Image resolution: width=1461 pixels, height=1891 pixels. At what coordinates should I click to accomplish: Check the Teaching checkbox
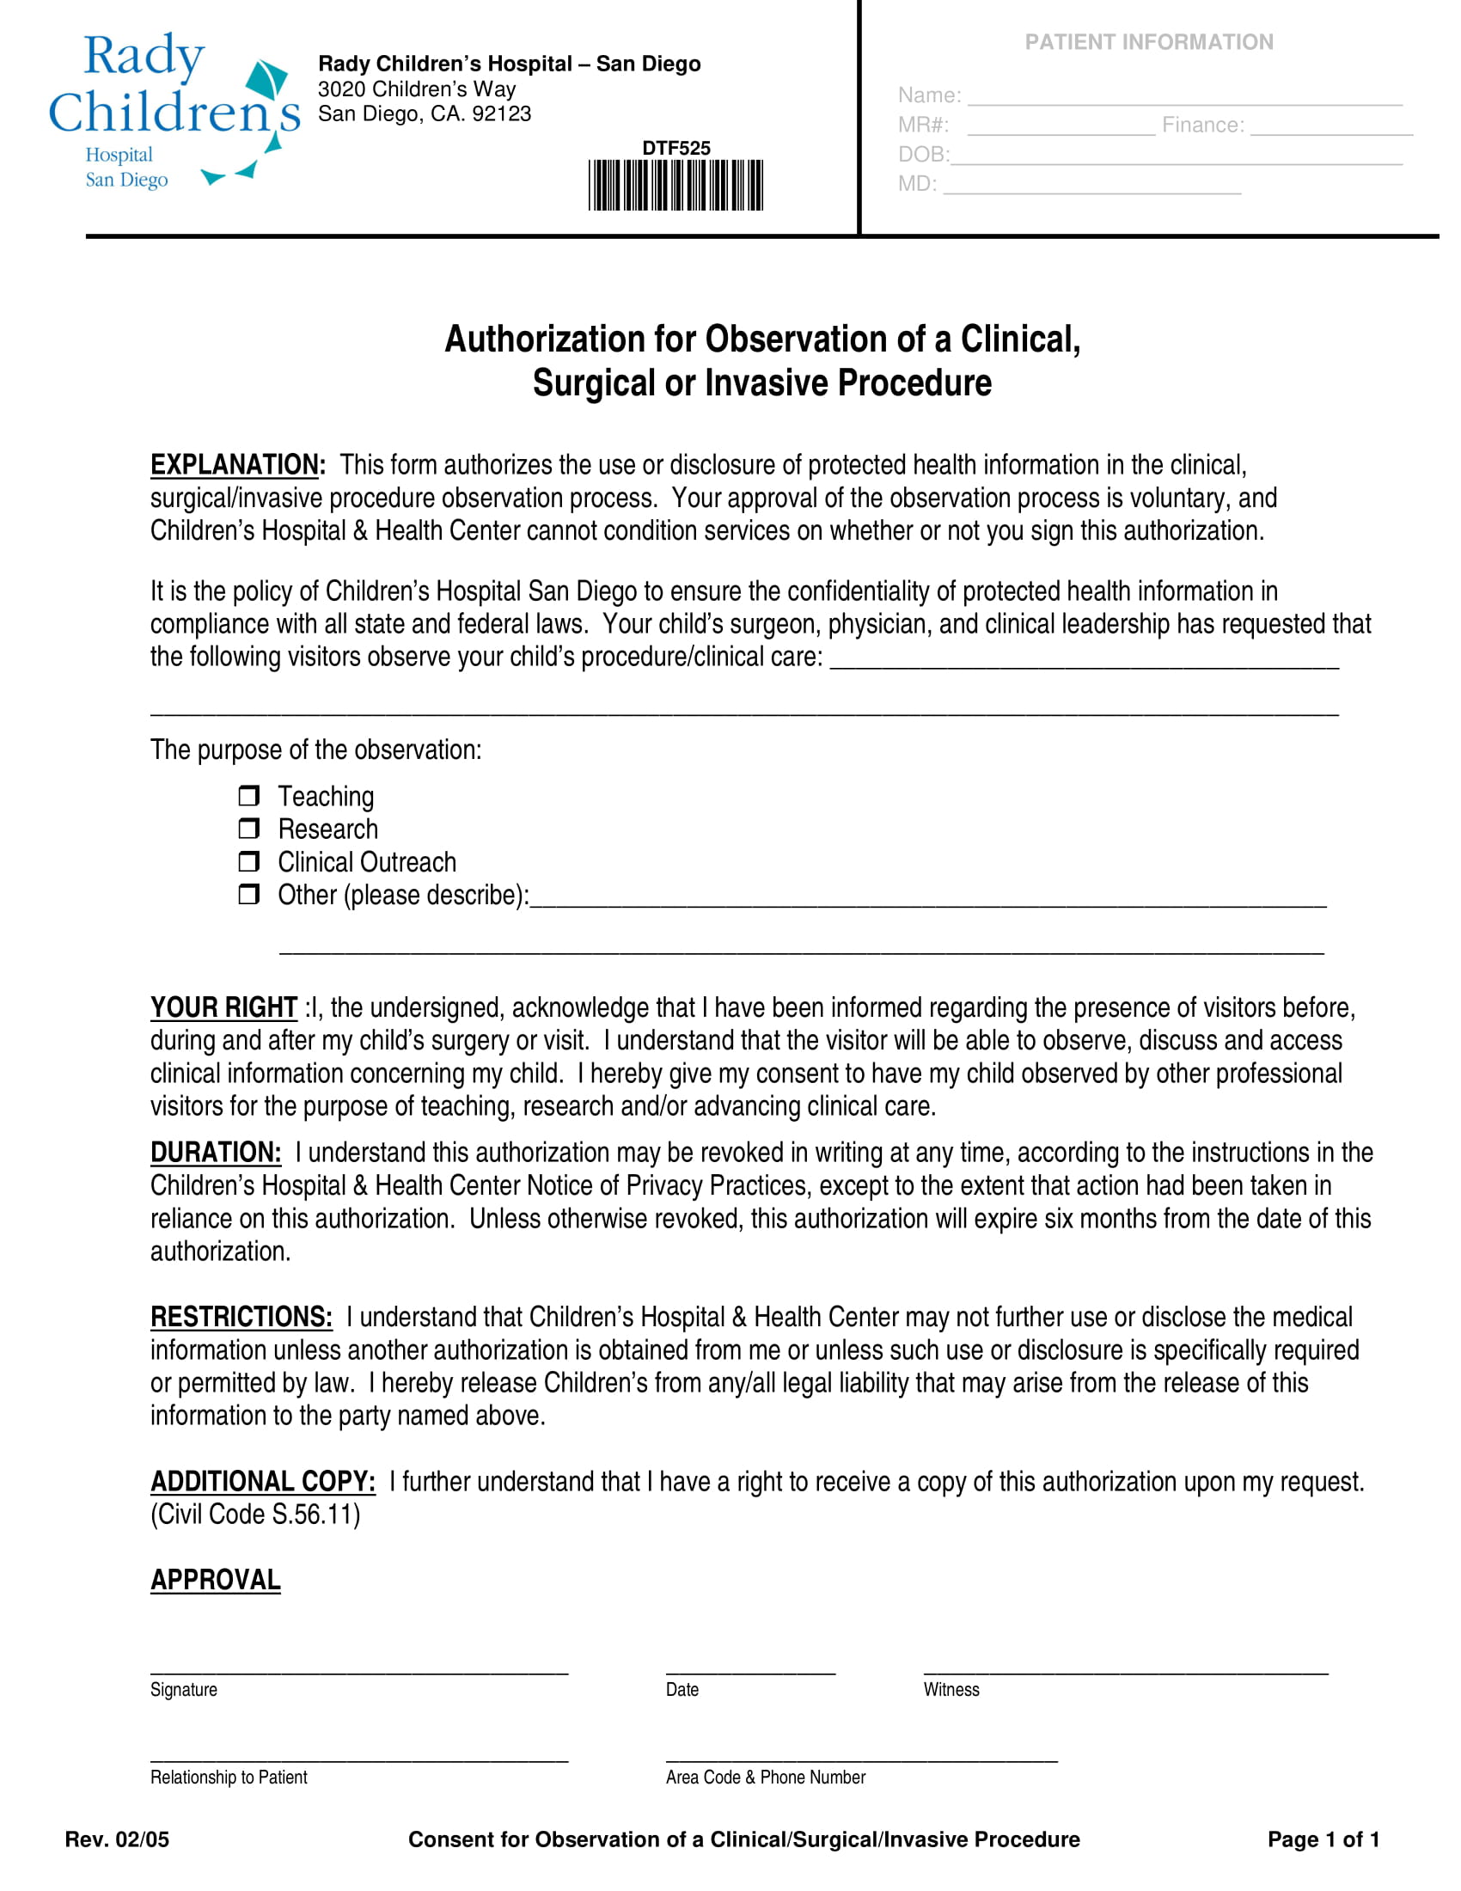click(248, 795)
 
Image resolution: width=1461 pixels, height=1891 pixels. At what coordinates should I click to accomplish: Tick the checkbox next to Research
click(248, 829)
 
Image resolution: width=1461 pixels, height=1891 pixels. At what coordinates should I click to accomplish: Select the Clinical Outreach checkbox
click(248, 861)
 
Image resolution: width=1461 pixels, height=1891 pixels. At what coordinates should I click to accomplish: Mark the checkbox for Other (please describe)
click(248, 894)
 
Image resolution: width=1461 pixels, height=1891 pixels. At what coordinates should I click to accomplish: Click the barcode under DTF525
click(675, 185)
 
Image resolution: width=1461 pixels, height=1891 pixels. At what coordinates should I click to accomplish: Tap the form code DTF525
click(675, 148)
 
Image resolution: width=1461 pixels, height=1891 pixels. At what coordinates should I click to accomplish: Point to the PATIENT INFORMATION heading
click(1148, 41)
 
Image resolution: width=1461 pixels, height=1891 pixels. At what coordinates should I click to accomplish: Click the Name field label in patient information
click(929, 95)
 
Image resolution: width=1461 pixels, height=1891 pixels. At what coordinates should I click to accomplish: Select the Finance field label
click(1202, 125)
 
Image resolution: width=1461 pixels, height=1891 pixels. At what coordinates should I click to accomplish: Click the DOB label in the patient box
click(923, 154)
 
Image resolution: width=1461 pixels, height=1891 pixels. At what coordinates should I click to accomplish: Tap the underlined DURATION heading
click(216, 1153)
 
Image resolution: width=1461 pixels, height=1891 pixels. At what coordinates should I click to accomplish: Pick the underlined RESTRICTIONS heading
click(241, 1317)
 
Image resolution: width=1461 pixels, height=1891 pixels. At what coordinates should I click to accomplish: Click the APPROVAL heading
click(216, 1580)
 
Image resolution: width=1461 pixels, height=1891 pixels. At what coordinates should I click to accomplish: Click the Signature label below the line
click(184, 1689)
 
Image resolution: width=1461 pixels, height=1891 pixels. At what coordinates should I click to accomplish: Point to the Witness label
click(951, 1689)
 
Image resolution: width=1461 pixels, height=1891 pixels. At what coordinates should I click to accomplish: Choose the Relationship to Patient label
click(229, 1777)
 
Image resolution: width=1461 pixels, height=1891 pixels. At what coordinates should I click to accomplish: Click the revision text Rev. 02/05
click(117, 1839)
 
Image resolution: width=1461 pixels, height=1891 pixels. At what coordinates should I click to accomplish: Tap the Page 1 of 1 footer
click(1323, 1839)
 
